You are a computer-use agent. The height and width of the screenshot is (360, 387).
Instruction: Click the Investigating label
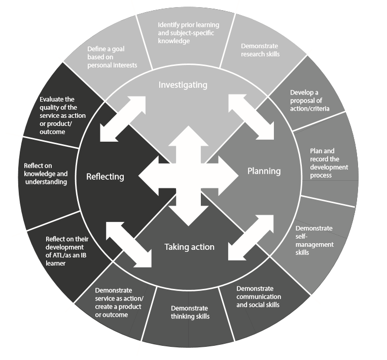pos(183,85)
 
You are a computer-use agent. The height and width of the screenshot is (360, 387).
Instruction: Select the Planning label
pos(264,171)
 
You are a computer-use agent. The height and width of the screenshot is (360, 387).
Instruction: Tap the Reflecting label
pos(105,176)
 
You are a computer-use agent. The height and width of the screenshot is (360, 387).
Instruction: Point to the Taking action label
pos(189,247)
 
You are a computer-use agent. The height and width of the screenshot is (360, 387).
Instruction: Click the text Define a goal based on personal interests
pos(112,57)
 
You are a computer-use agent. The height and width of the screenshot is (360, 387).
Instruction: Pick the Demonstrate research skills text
pos(260,50)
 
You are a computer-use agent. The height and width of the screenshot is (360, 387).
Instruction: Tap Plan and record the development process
pos(329,163)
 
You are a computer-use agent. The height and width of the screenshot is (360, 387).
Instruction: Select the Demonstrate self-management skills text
pos(314,240)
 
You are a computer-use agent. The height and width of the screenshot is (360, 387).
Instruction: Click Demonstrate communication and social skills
pos(259,297)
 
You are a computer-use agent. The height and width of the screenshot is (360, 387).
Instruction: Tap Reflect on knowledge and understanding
pos(46,174)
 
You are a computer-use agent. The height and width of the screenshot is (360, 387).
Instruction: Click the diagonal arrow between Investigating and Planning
pos(251,116)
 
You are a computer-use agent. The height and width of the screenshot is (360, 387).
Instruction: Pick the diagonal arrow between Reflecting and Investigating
pos(123,118)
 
